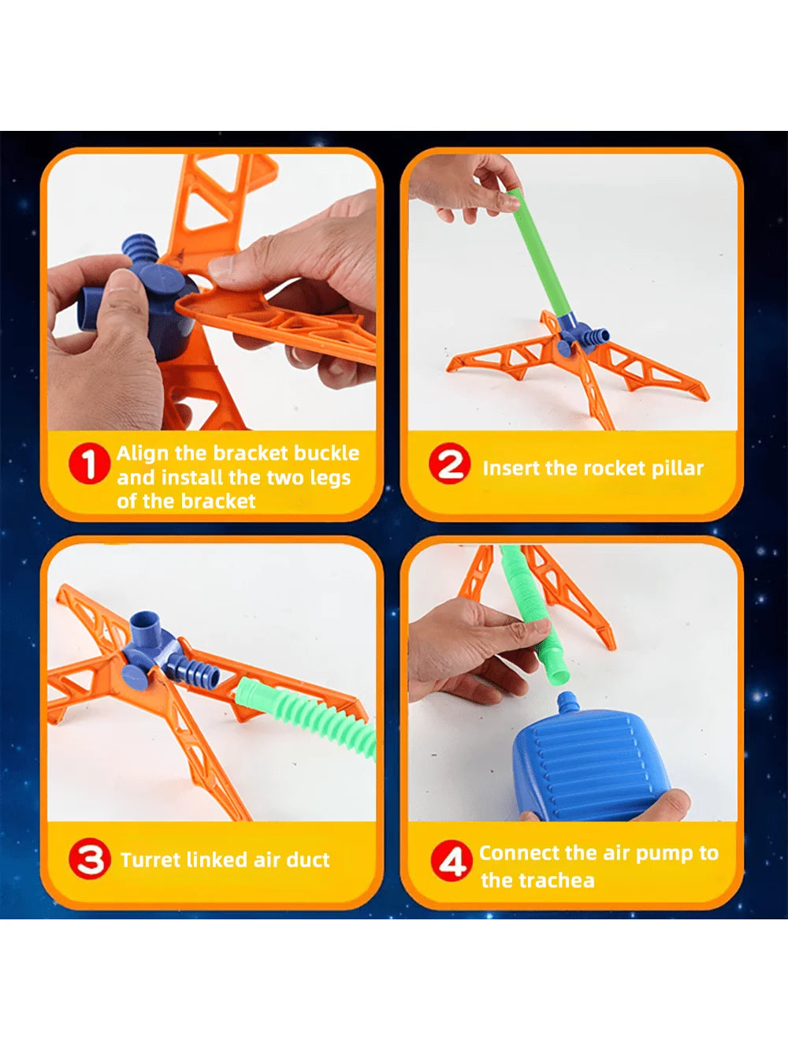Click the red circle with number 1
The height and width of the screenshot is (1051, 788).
[88, 464]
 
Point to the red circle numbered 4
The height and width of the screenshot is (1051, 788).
[451, 861]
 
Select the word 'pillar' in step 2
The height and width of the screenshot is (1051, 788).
[677, 468]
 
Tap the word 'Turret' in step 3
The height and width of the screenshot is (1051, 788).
[151, 859]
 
